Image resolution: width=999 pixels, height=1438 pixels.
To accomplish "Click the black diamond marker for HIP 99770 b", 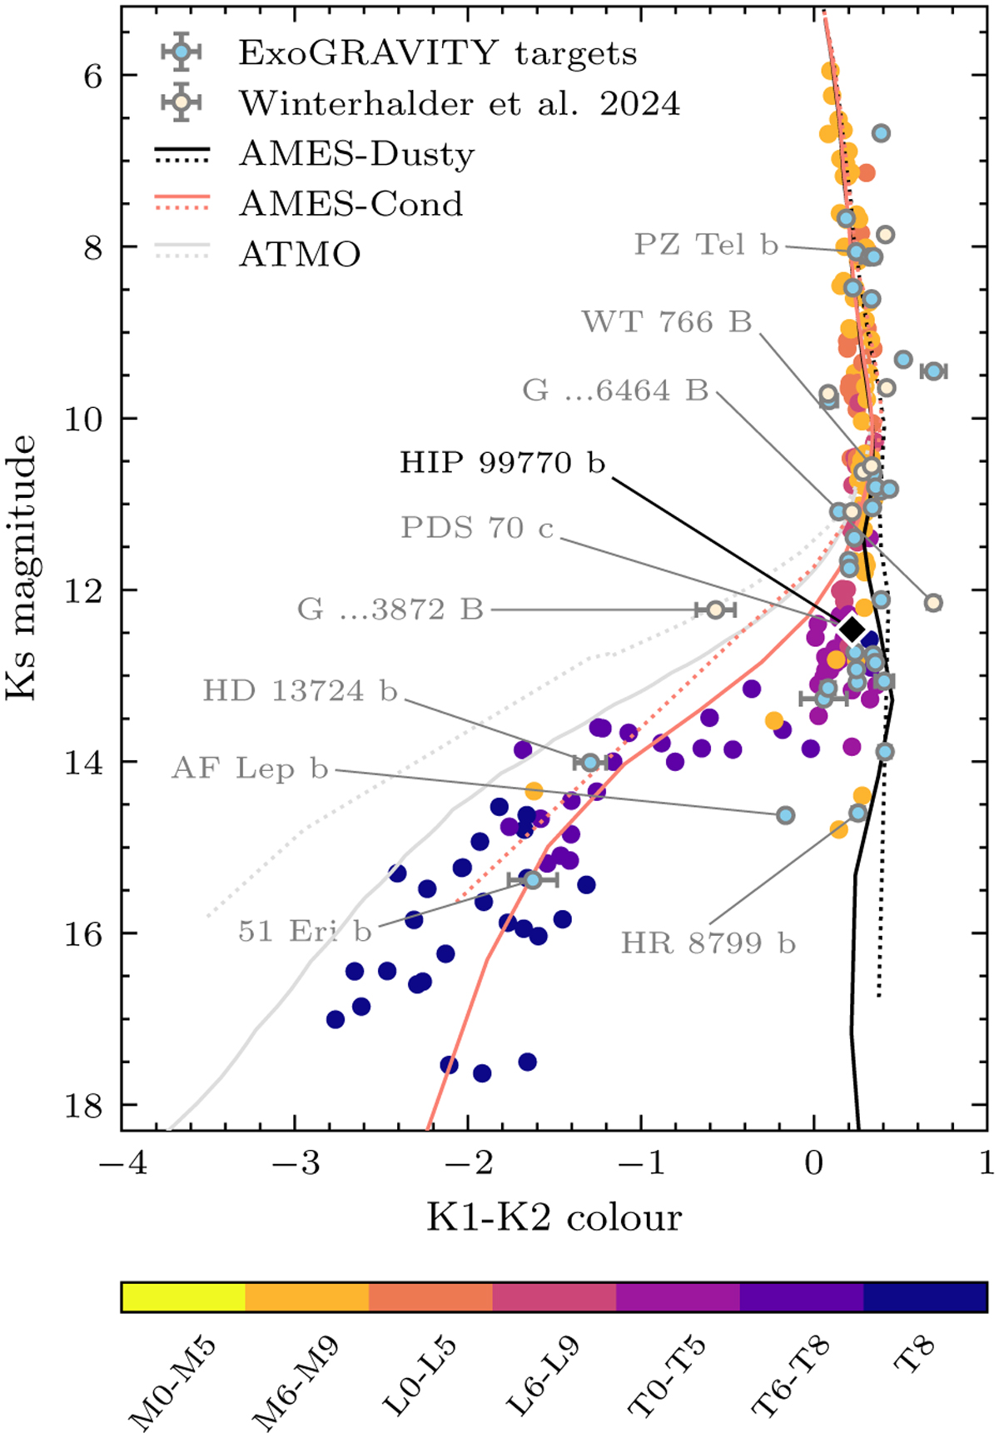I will tap(851, 629).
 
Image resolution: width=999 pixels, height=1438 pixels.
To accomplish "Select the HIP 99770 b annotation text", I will tap(502, 463).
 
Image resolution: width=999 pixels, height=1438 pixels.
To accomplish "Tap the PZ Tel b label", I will tap(706, 245).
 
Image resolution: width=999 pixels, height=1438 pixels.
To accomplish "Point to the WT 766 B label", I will tap(666, 321).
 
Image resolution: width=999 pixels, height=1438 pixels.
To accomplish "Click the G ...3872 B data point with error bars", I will tap(715, 610).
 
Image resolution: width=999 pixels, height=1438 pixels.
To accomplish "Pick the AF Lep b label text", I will tap(250, 768).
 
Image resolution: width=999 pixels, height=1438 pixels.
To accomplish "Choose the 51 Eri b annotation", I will tap(304, 930).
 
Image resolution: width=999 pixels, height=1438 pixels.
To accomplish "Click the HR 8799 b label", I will tap(708, 943).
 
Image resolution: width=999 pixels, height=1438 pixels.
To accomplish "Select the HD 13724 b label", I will tap(300, 690).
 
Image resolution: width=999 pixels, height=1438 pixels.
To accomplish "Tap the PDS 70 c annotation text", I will tap(477, 527).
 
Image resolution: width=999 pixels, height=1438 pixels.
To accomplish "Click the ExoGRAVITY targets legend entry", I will tap(437, 53).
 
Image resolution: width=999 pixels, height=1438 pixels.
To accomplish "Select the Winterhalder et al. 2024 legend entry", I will tap(460, 103).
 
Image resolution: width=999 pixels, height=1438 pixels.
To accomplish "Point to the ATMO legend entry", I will tap(300, 254).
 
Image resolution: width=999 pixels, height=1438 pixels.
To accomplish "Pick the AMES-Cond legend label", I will tap(350, 204).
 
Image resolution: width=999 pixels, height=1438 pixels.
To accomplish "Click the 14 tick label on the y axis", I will tap(83, 762).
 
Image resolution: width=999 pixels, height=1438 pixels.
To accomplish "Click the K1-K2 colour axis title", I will tap(554, 1217).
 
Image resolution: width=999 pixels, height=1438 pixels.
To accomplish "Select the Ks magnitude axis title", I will tap(22, 568).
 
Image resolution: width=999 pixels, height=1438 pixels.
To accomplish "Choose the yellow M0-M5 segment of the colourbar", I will tap(183, 1297).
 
